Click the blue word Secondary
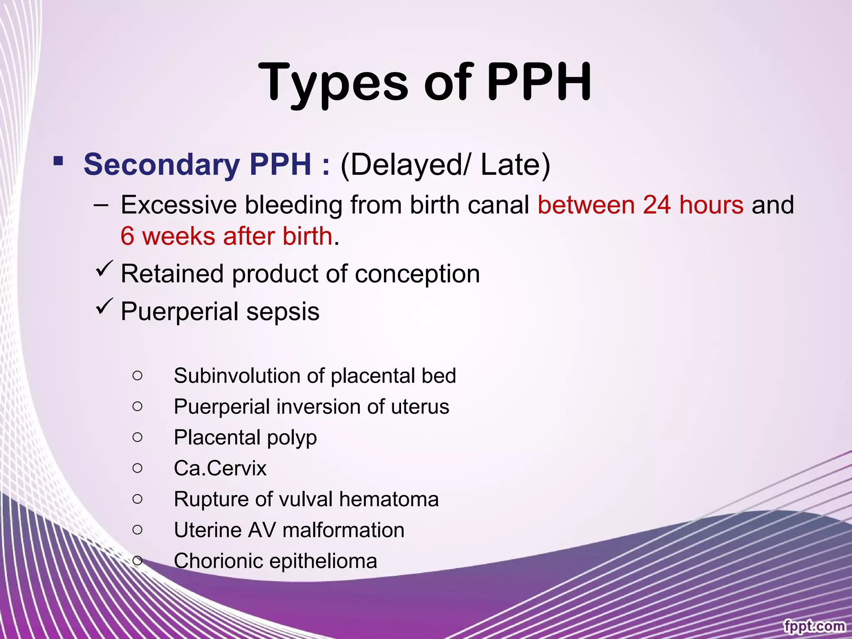click(161, 165)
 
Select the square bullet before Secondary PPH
click(58, 161)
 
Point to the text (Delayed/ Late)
click(445, 165)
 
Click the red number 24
click(656, 205)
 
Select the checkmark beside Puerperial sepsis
click(104, 307)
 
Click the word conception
click(417, 274)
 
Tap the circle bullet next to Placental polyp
click(137, 437)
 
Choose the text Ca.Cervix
click(220, 468)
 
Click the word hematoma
click(389, 499)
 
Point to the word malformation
click(343, 530)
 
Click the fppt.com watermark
click(814, 626)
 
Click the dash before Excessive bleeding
click(101, 205)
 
